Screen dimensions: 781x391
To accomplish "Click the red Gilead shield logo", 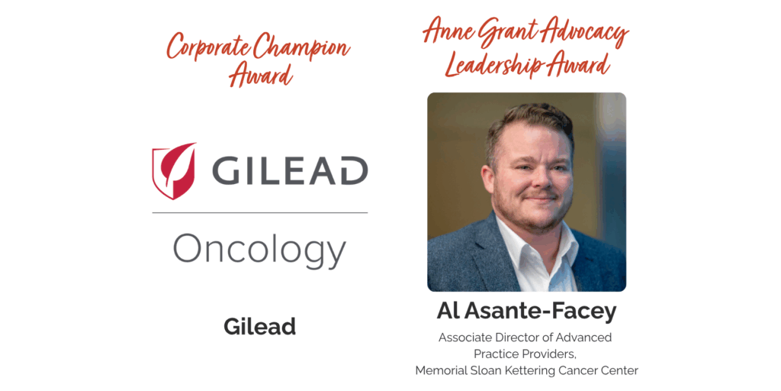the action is pyautogui.click(x=173, y=171).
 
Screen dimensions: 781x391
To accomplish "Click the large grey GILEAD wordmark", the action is pyautogui.click(x=290, y=170).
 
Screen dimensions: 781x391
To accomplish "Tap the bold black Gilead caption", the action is pyautogui.click(x=259, y=327).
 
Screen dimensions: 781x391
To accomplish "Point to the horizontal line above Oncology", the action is pyautogui.click(x=260, y=213).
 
